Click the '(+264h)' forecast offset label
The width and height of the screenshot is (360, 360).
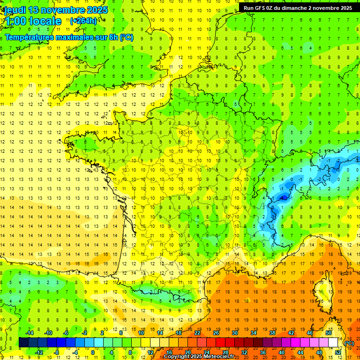click(83, 21)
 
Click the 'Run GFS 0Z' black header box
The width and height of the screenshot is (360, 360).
click(298, 7)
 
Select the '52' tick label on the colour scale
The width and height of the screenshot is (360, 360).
click(338, 352)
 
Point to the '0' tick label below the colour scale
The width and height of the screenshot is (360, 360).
click(93, 352)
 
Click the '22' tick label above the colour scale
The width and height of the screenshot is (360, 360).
click(197, 333)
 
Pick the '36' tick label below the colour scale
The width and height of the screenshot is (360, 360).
click(262, 352)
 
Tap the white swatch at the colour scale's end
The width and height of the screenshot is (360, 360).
click(333, 342)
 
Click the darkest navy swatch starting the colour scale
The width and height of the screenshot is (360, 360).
click(23, 342)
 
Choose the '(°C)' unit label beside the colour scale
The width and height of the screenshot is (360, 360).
click(349, 343)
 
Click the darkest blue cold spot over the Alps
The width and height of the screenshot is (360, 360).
click(283, 198)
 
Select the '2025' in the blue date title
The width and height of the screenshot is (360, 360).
click(96, 10)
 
